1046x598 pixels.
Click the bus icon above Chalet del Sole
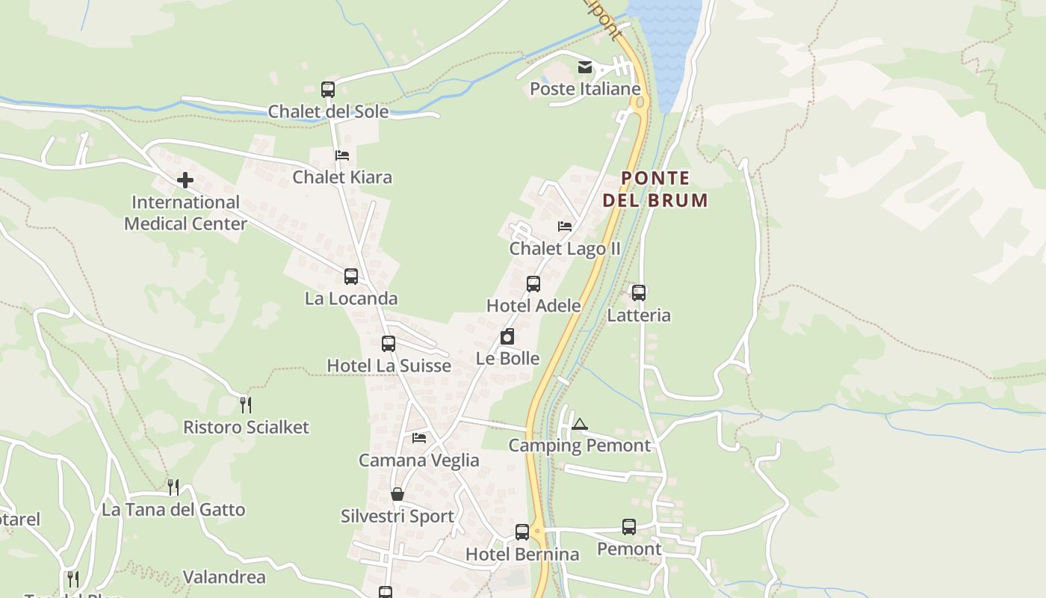[328, 90]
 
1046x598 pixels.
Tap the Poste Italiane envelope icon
[585, 68]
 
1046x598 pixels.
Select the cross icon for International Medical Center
[185, 180]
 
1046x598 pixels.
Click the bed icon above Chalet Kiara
[342, 155]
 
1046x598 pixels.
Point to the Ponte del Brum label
[655, 189]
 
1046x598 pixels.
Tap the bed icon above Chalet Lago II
[565, 226]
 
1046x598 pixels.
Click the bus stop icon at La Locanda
[351, 277]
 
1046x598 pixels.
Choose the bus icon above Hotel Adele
[533, 284]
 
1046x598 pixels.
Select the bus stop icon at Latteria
[639, 293]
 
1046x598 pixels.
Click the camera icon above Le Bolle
[507, 336]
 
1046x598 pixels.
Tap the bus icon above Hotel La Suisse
[389, 344]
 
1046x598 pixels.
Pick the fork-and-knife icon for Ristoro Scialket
[245, 405]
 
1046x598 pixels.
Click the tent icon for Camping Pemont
[580, 425]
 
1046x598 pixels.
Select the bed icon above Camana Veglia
[419, 438]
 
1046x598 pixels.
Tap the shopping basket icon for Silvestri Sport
[397, 495]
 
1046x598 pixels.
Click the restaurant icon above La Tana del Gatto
[173, 487]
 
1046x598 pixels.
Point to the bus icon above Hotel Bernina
[522, 532]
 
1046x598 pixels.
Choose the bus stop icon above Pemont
[629, 527]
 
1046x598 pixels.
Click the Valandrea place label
[224, 577]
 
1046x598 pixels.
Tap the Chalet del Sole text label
[328, 111]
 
